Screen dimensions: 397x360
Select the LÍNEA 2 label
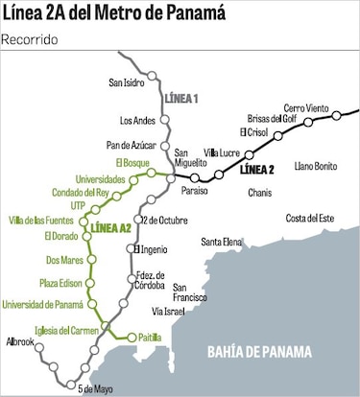click(x=256, y=170)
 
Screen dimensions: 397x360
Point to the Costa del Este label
click(x=309, y=219)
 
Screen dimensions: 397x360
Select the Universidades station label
click(x=74, y=179)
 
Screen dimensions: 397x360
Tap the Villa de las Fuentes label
click(x=41, y=222)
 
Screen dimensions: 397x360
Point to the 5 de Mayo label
click(x=96, y=388)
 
